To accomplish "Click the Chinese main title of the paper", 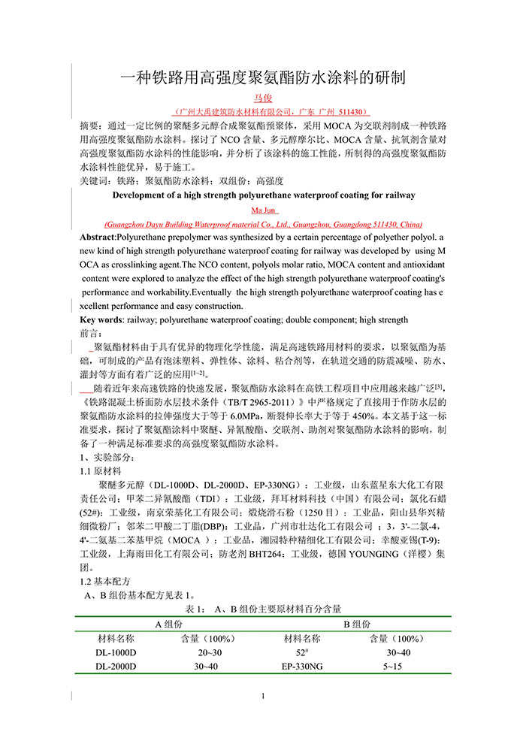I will click(263, 77).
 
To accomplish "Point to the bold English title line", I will click(263, 195).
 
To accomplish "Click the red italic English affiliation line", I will click(263, 224).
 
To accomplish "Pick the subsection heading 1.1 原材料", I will click(101, 471).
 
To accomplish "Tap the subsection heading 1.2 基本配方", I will click(105, 582).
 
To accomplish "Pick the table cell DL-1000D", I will click(116, 652).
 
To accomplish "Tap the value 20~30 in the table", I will click(204, 652).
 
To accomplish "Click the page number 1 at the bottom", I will click(263, 697).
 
